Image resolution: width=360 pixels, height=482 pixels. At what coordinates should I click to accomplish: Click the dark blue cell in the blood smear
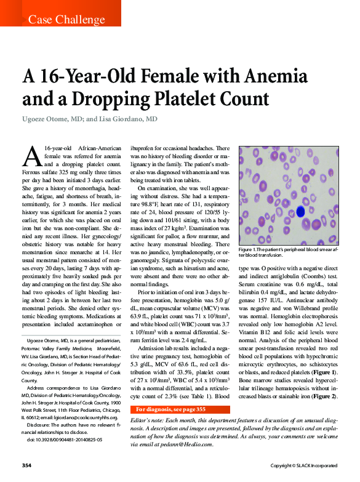(x=300, y=211)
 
